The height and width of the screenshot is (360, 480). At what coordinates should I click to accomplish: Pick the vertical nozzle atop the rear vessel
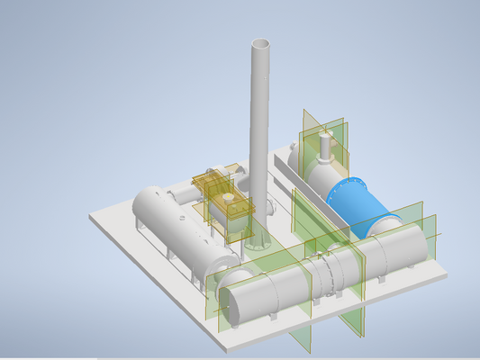[x=324, y=144]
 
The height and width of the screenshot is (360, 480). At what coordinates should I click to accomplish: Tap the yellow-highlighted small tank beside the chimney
[x=230, y=211]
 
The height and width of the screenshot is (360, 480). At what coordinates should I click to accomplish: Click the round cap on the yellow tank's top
[x=228, y=200]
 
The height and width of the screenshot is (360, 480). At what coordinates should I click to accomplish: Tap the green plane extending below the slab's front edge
[x=301, y=337]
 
